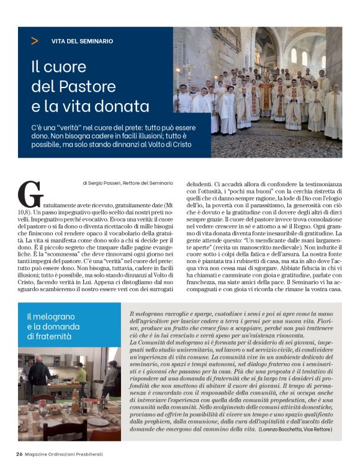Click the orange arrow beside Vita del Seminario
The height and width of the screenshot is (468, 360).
(x=34, y=41)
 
